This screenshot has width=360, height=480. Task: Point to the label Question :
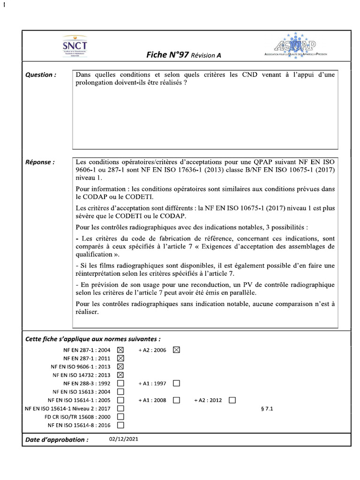coord(41,75)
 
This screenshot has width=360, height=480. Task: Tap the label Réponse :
coord(40,162)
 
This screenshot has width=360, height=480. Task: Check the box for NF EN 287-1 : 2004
coord(120,350)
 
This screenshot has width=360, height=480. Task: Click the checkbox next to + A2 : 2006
coord(176,350)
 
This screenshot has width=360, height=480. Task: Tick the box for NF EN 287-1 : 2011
coord(120,358)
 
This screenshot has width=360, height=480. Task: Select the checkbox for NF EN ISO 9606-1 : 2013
coord(120,367)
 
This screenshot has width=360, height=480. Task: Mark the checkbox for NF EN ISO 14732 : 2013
coord(120,375)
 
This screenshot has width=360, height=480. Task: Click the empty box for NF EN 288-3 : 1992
coord(120,383)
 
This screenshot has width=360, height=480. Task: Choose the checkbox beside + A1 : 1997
coord(176,383)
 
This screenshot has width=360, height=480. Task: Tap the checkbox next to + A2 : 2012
coord(232,400)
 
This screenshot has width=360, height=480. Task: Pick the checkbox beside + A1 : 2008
coord(176,400)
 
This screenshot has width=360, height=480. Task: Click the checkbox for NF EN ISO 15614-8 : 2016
coord(120,426)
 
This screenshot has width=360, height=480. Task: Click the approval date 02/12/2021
coord(123,439)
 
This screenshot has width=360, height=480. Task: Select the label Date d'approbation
coord(56,440)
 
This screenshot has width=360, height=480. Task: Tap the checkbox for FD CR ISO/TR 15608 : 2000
coord(120,417)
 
